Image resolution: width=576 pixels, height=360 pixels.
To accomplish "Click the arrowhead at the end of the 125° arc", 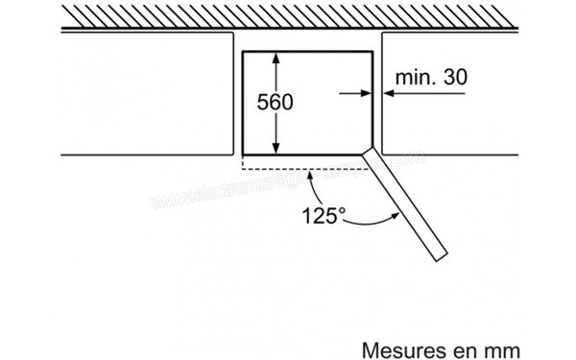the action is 395,217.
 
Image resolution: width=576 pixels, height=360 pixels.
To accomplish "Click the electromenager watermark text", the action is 288,181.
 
